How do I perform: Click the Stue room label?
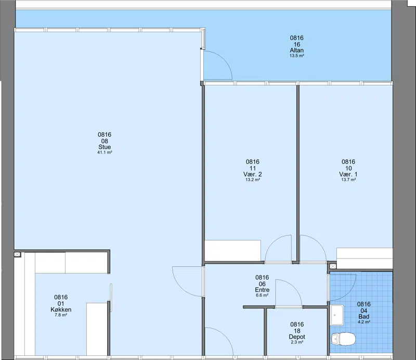click(x=105, y=147)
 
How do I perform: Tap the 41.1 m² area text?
click(x=105, y=152)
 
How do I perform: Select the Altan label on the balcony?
click(x=296, y=50)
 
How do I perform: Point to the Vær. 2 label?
click(x=253, y=174)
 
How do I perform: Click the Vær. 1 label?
click(x=348, y=174)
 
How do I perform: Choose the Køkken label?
click(x=61, y=310)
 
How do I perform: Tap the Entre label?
click(x=262, y=290)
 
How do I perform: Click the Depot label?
click(x=297, y=337)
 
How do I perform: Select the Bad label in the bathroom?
click(x=363, y=316)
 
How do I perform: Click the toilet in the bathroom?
click(x=343, y=339)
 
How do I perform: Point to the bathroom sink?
click(x=337, y=315)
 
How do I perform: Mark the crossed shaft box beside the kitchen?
click(x=17, y=254)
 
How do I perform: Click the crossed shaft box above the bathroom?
click(x=333, y=266)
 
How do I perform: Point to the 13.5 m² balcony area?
click(x=296, y=56)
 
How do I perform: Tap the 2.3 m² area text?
click(x=297, y=342)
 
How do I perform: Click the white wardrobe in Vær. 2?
click(x=233, y=251)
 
